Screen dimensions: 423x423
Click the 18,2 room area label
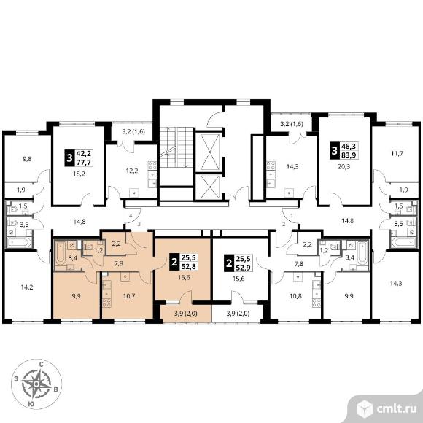coord(79,174)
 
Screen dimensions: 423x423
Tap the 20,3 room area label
coord(344,167)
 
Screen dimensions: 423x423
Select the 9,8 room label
coord(27,159)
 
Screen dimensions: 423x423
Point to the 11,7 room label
coord(397,154)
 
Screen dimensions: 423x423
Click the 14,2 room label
coord(27,287)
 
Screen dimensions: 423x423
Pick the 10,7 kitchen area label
coord(129,296)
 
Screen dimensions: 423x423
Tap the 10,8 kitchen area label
coord(296,296)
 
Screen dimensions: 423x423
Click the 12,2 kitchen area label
coord(132,171)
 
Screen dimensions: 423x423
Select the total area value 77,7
coord(84,163)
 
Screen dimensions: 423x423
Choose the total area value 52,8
coord(189,267)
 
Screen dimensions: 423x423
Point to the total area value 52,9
coord(243,268)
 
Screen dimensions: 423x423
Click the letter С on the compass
coord(42,365)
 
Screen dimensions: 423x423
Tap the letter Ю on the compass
coord(31,404)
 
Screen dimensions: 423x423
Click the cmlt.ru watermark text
coord(396,409)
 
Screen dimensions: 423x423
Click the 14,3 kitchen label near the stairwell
coord(292,167)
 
